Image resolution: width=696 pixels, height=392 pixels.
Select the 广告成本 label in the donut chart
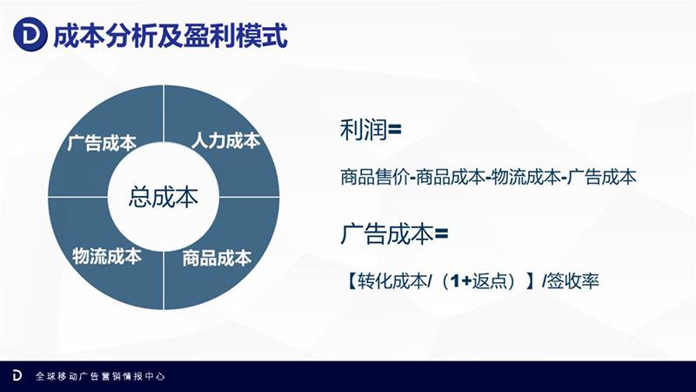click(x=101, y=144)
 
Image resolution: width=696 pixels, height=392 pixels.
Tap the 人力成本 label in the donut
click(x=225, y=140)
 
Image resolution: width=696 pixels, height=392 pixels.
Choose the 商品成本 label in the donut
click(x=217, y=258)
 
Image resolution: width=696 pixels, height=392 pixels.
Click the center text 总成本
click(x=164, y=197)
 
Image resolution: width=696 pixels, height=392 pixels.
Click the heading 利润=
click(x=371, y=130)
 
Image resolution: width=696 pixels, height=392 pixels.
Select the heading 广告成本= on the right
click(x=393, y=234)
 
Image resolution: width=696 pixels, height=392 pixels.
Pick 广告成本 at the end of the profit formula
click(x=603, y=177)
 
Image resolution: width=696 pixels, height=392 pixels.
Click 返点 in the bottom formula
click(x=494, y=281)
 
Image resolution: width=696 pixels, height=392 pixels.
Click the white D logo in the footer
click(x=17, y=375)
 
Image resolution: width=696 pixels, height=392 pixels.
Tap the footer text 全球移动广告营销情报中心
click(x=100, y=376)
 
